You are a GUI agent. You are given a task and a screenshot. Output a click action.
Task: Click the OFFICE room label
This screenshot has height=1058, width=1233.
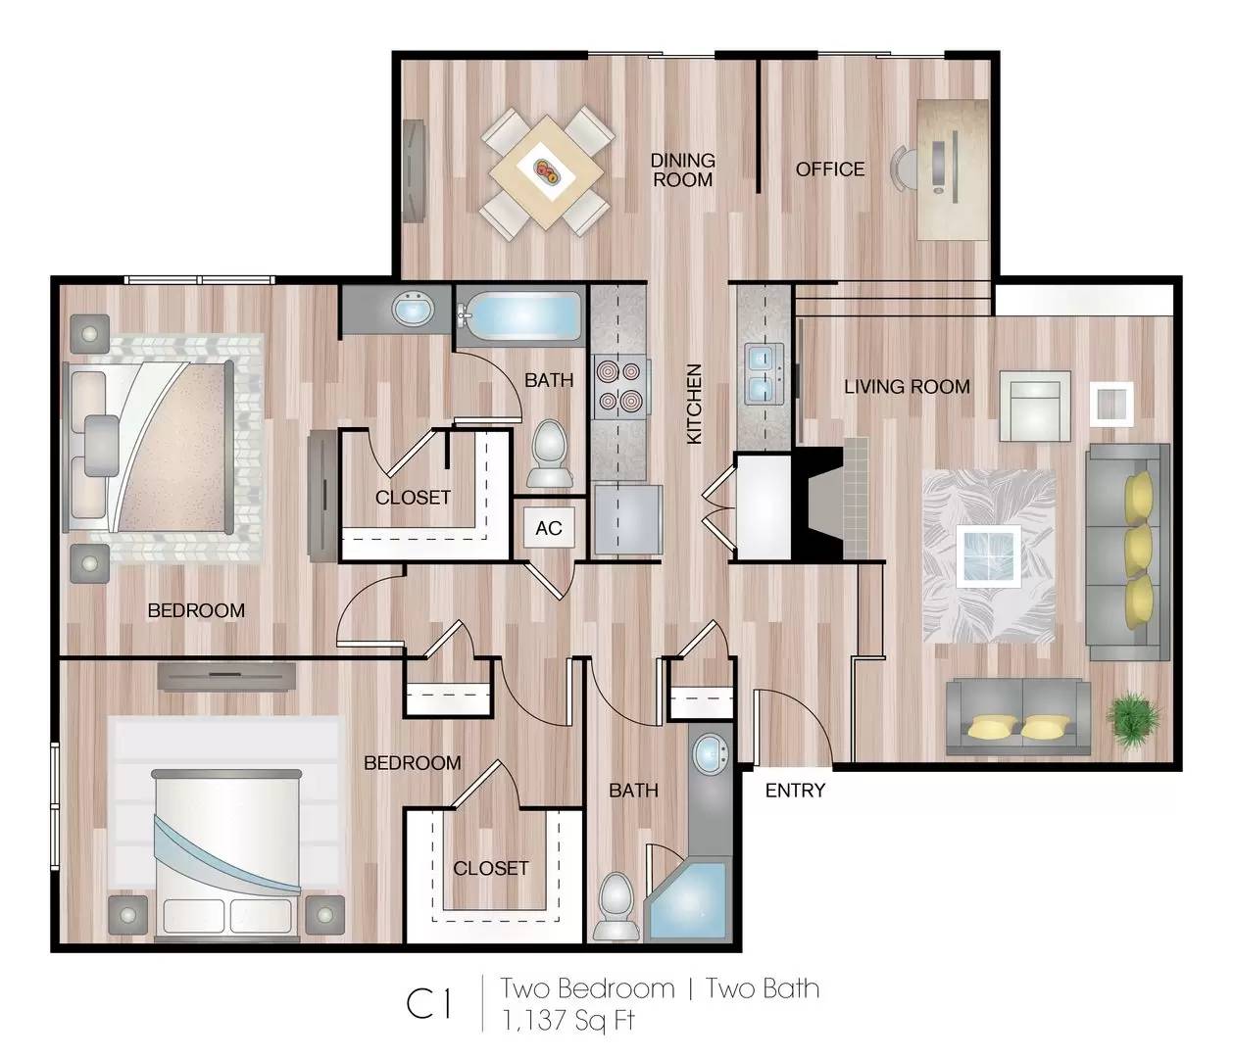(x=830, y=169)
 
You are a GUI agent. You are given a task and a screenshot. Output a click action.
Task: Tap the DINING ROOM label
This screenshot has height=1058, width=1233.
(x=682, y=170)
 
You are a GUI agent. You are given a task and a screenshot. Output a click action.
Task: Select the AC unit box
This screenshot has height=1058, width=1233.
(x=549, y=528)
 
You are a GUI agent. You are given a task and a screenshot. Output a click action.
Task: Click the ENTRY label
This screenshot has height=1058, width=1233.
(x=795, y=791)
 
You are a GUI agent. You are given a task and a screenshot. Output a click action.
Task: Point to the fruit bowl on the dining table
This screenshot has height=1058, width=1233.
(x=547, y=170)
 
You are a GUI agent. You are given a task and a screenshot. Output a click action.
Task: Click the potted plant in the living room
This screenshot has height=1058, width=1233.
(x=1133, y=719)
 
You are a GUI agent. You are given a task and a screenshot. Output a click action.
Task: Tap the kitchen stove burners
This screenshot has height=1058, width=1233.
(x=619, y=386)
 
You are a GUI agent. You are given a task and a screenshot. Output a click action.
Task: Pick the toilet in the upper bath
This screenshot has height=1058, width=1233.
(x=550, y=454)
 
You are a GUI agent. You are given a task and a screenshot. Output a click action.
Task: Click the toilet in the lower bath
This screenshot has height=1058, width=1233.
(x=617, y=905)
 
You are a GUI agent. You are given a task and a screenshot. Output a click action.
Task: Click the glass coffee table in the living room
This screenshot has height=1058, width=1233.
(x=988, y=555)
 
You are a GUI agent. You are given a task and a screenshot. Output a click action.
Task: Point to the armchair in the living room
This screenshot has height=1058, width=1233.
(x=1035, y=406)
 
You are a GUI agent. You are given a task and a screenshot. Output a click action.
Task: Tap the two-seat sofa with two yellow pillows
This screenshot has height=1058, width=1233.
(x=1018, y=716)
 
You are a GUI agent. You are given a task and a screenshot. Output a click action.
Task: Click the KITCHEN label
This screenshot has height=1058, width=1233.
(x=694, y=404)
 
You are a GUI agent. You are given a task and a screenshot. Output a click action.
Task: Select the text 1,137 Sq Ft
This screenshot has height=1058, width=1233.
(x=567, y=1021)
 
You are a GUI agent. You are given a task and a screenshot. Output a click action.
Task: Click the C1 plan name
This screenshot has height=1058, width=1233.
(x=430, y=1004)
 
